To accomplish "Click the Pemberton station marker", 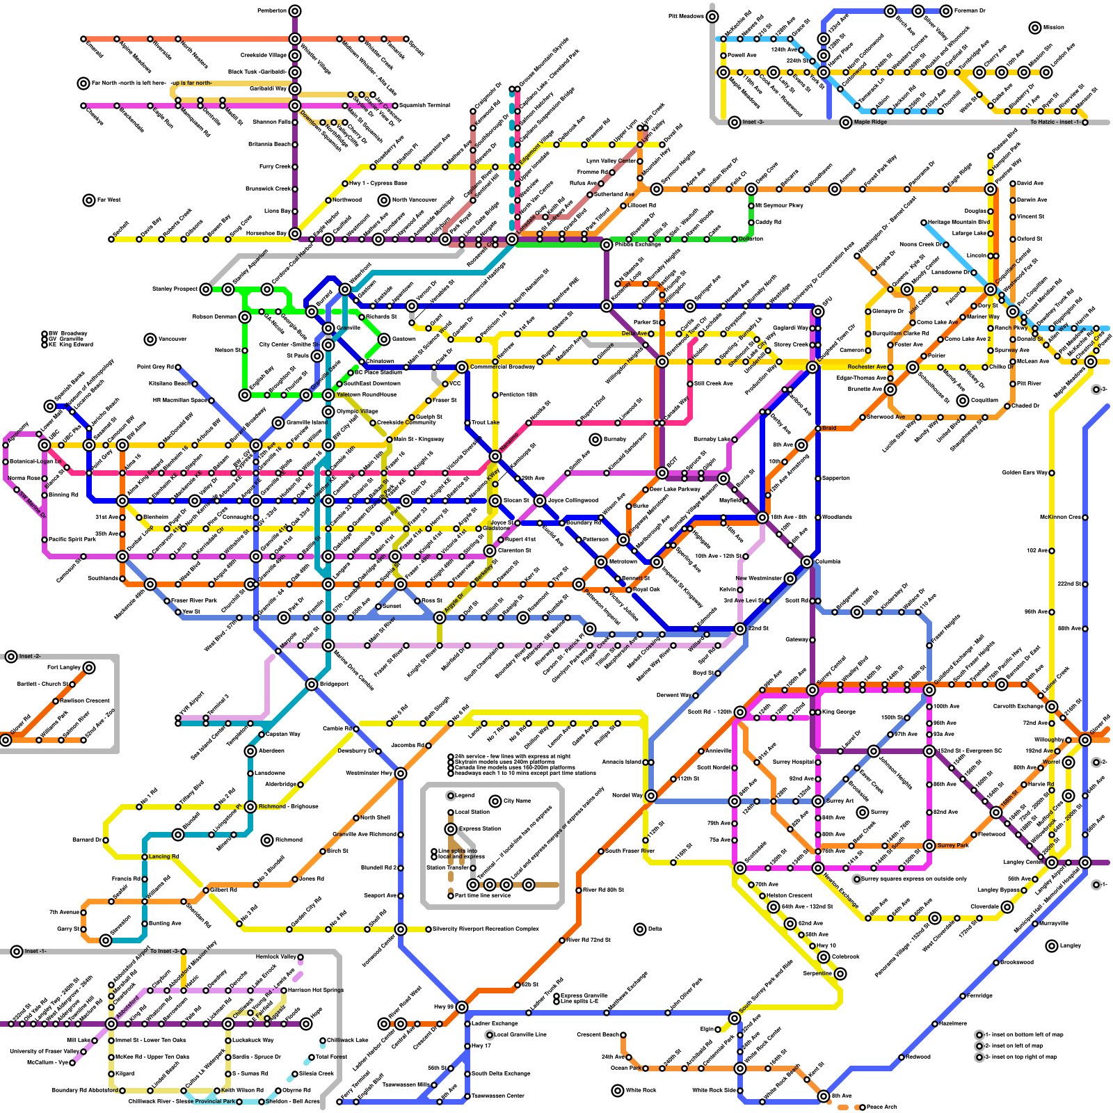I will point(295,10).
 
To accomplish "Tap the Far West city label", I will point(109,200).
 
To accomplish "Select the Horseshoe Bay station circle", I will point(295,234).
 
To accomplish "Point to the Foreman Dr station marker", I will point(946,11).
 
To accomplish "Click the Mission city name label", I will point(1053,28).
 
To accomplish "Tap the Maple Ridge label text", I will point(870,122).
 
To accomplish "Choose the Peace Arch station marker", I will point(863,1107).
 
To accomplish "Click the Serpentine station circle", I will point(840,974).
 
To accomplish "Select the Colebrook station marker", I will point(824,957).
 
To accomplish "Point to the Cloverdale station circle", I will point(1007,907).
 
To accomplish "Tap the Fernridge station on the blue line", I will point(963,996).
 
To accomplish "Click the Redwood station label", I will point(918,1057).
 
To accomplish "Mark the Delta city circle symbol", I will point(640,929).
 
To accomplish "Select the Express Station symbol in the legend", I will point(451,829).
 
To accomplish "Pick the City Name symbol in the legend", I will point(495,801).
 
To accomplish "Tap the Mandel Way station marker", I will point(651,796).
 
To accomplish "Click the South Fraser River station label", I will point(630,851).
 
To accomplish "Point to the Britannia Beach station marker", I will point(295,145).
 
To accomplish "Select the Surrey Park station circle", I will point(929,846).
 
